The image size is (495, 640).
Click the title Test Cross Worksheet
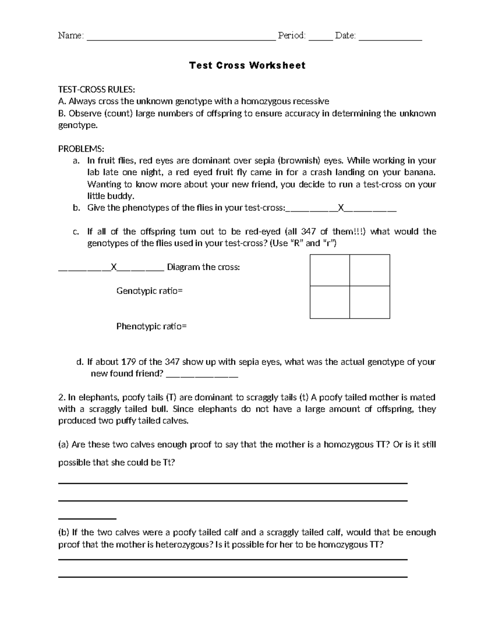[x=247, y=66]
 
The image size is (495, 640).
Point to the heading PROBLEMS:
[x=81, y=148]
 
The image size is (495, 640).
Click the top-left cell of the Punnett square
[x=330, y=270]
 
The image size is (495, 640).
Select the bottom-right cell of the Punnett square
[x=370, y=302]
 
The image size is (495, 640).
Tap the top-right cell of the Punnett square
[x=370, y=270]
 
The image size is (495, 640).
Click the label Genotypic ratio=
[x=149, y=291]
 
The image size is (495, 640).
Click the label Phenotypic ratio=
[x=151, y=326]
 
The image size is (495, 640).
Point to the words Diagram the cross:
[x=203, y=267]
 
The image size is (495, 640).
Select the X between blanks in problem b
[x=340, y=208]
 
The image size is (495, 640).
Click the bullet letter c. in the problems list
[x=75, y=232]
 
